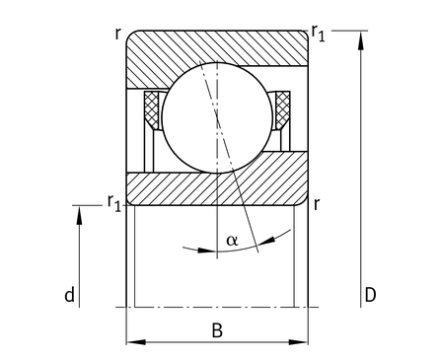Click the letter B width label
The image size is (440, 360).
pos(217,330)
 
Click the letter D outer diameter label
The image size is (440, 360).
pos(370,295)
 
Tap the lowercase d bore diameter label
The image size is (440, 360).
pos(69,295)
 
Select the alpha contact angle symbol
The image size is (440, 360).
pos(232,241)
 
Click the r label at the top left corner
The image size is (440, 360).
pos(117,34)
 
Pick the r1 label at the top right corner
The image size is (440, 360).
pos(319,34)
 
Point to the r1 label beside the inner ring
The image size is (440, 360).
pos(114,203)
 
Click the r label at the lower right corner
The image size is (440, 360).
pos(317,204)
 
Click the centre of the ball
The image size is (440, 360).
pos(217,117)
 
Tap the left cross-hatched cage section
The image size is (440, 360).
pos(151,110)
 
